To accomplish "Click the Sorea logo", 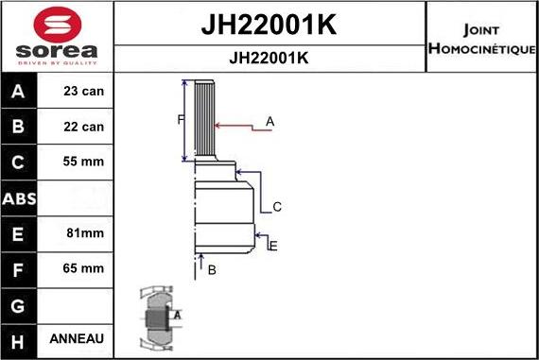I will [x=56, y=35].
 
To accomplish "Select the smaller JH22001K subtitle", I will [x=269, y=57].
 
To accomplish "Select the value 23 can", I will [x=84, y=93].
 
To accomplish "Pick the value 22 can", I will [x=84, y=127].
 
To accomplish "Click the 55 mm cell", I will [x=84, y=162].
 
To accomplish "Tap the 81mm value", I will [x=84, y=232].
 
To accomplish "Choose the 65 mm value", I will [x=84, y=268].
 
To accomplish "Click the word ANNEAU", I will [x=84, y=338].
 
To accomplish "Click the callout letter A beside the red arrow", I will [x=269, y=121].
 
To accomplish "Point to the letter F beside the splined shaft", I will [x=182, y=119].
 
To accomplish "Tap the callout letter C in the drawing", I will [x=277, y=206].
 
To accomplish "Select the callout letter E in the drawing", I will [x=273, y=246].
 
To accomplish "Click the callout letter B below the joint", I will [x=212, y=270].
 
